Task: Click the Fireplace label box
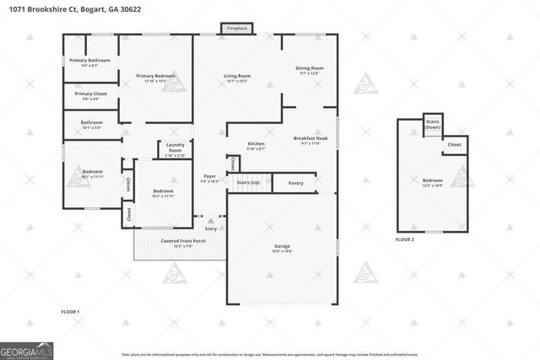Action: (237, 29)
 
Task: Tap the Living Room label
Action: (236, 78)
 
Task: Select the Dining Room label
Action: (310, 70)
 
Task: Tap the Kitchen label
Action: (256, 146)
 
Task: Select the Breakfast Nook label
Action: (310, 140)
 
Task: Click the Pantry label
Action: (295, 183)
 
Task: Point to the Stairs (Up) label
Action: (247, 182)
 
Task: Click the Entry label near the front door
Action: (210, 228)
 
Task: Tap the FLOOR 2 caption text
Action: (406, 240)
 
